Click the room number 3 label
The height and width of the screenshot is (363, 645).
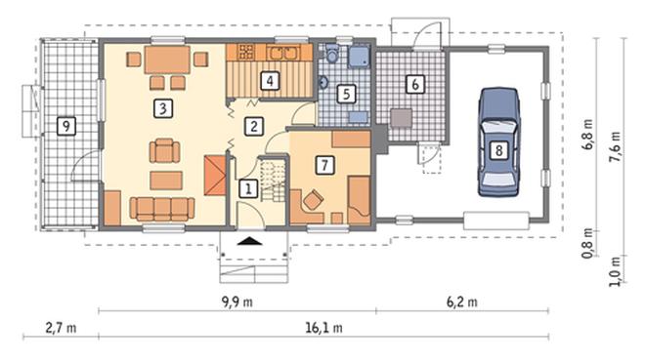(x=163, y=109)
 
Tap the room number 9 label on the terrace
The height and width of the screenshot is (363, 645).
(x=66, y=126)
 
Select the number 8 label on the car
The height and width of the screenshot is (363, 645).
(x=498, y=150)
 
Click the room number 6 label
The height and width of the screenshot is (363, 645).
(x=415, y=84)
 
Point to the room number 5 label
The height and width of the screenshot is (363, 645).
(x=346, y=94)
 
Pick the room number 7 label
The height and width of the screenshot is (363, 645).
(x=325, y=165)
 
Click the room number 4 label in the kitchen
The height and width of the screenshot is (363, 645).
(x=270, y=80)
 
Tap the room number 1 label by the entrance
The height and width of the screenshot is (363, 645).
(x=248, y=189)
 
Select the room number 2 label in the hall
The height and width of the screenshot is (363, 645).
(x=254, y=126)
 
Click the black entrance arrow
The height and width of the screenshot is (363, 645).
(x=249, y=241)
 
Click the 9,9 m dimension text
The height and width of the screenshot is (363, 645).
(x=237, y=302)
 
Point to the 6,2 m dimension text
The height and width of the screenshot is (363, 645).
(x=462, y=302)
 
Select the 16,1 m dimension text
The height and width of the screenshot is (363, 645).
(x=324, y=328)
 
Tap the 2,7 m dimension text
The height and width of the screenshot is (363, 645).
(x=61, y=328)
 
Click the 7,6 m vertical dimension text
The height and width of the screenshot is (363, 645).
(x=615, y=146)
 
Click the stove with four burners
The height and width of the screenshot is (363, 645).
(x=246, y=52)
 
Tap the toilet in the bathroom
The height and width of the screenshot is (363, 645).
(x=332, y=53)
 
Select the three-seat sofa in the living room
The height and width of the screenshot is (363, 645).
(x=162, y=209)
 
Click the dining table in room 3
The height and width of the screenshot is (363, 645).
(x=167, y=60)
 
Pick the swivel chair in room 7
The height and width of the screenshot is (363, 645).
(x=313, y=200)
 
